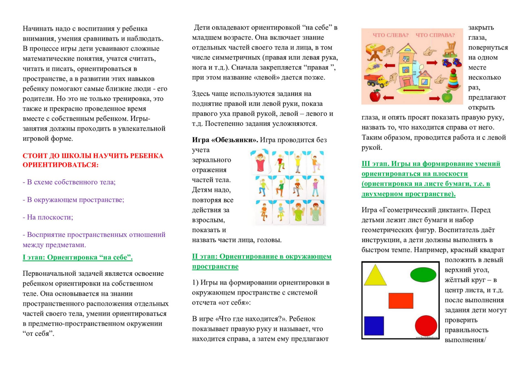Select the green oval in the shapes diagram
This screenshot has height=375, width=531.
pyautogui.click(x=423, y=275)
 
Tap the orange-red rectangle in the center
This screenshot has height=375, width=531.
pyautogui.click(x=401, y=300)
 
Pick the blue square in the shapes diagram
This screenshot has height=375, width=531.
pyautogui.click(x=374, y=326)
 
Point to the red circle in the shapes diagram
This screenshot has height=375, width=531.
pyautogui.click(x=426, y=325)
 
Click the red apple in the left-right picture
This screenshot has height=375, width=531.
pyautogui.click(x=375, y=96)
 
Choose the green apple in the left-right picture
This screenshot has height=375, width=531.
pyautogui.click(x=447, y=97)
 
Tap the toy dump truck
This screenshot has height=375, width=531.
pyautogui.click(x=376, y=80)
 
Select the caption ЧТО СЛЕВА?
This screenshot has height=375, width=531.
pyautogui.click(x=391, y=35)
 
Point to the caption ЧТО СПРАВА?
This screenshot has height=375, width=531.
pyautogui.click(x=435, y=35)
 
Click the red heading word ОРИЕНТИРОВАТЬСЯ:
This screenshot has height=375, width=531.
pyautogui.click(x=60, y=165)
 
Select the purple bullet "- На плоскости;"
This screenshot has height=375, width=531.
pyautogui.click(x=48, y=217)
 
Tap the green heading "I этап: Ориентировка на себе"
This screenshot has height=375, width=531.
pyautogui.click(x=77, y=257)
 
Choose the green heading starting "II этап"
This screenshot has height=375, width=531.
pyautogui.click(x=262, y=257)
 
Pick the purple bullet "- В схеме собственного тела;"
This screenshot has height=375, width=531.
pyautogui.click(x=69, y=182)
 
